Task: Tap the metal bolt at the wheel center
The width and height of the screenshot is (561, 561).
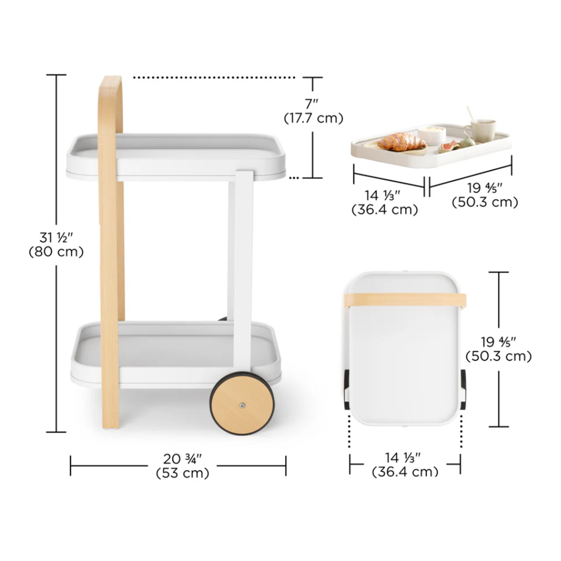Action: pos(242,405)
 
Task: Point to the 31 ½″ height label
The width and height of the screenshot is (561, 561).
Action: pos(56,238)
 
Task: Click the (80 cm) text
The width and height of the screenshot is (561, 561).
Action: pos(56,252)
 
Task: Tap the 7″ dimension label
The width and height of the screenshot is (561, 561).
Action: pos(311,104)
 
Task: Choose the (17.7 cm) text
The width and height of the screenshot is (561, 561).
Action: pos(313,118)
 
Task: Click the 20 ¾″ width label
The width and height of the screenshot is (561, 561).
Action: pos(182,459)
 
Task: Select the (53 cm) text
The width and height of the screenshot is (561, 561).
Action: pos(182,473)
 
